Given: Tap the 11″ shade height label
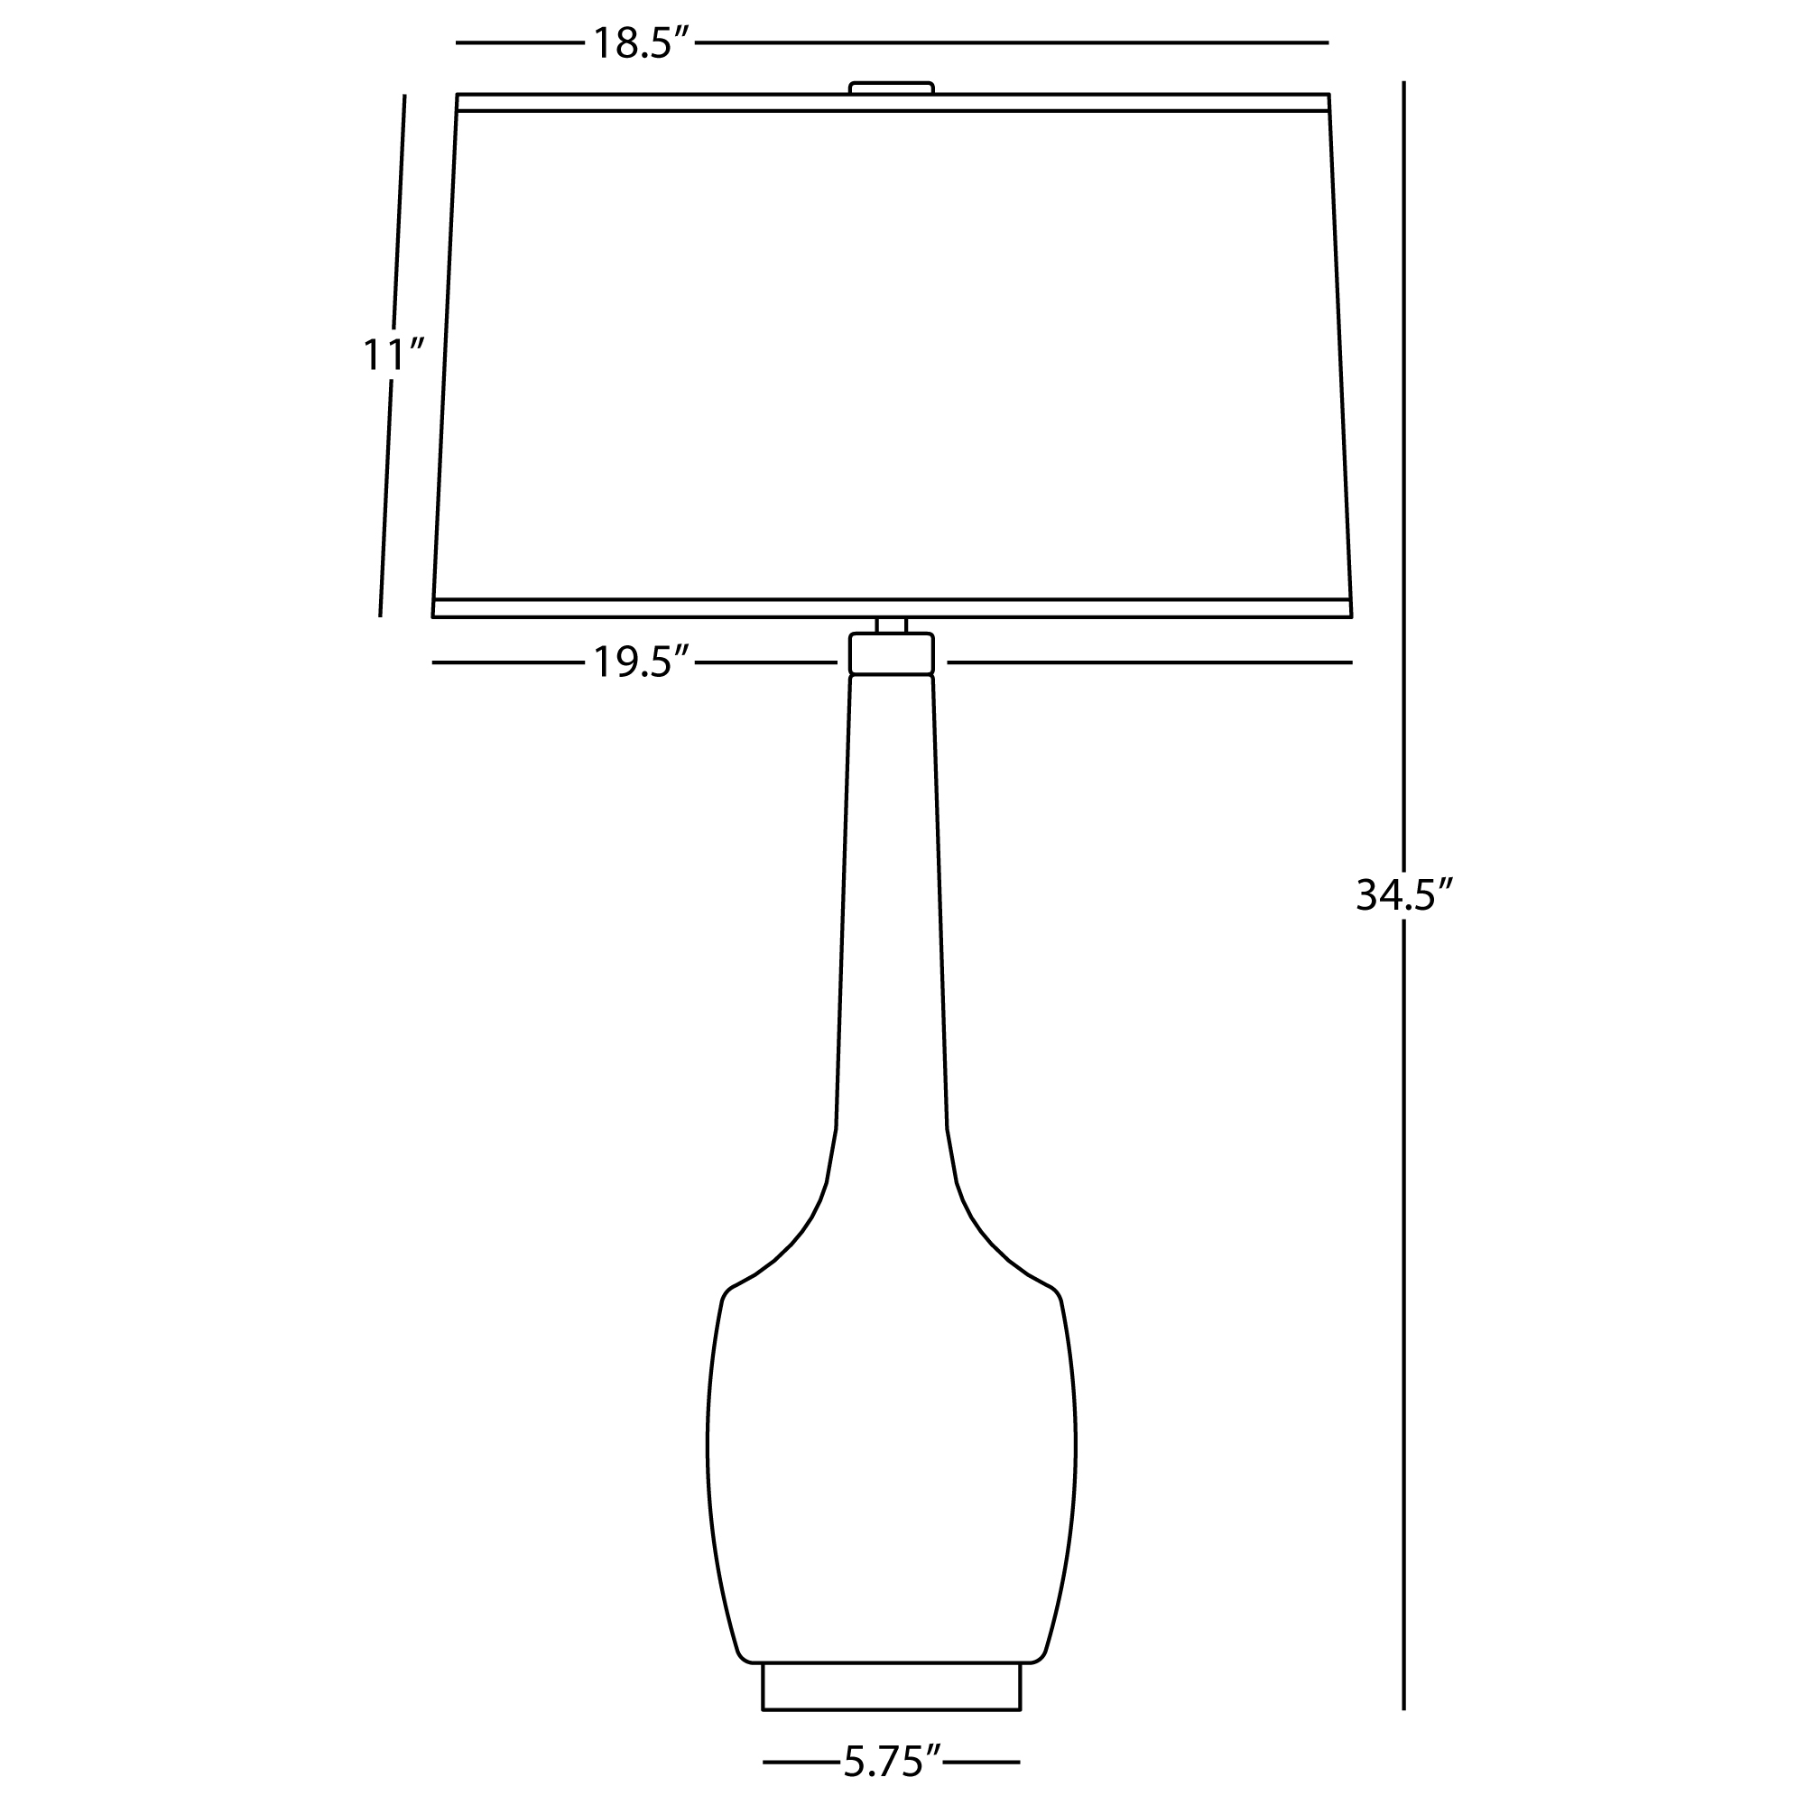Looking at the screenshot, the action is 393,354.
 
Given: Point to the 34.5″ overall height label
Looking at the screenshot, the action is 1405,895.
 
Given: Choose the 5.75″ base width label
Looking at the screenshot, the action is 892,1762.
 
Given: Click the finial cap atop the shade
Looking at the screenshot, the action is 892,88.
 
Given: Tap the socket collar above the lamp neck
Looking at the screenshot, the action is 892,653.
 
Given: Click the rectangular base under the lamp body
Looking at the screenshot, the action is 892,1688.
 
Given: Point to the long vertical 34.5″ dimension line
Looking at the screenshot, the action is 1403,896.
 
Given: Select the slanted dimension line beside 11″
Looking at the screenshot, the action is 393,355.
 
